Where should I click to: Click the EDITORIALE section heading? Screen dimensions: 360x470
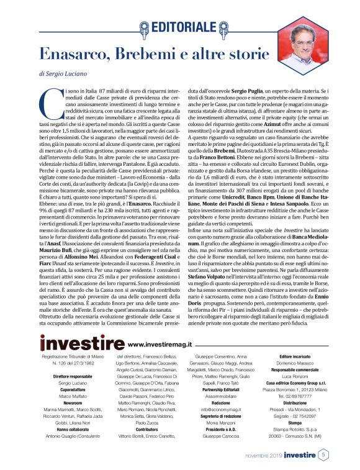(186, 26)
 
